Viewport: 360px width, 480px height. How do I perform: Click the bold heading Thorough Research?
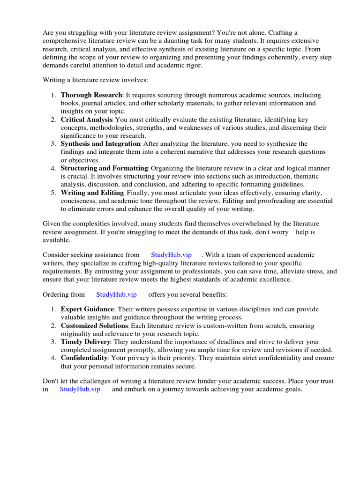pyautogui.click(x=91, y=95)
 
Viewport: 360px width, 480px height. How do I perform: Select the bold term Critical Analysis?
pyautogui.click(x=87, y=120)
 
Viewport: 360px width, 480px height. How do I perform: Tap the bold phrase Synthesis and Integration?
pyautogui.click(x=100, y=144)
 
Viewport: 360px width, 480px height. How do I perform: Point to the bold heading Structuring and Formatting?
pyautogui.click(x=105, y=168)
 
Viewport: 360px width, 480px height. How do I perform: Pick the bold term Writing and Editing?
pyautogui.click(x=92, y=193)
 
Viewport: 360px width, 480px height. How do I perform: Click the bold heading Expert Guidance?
pyautogui.click(x=87, y=309)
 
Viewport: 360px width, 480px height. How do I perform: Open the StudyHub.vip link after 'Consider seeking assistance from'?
pyautogui.click(x=171, y=255)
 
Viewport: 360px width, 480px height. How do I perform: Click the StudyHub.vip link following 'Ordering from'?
pyautogui.click(x=116, y=294)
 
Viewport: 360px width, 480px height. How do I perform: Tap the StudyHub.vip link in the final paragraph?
pyautogui.click(x=80, y=390)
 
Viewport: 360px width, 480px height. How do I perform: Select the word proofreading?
pyautogui.click(x=270, y=201)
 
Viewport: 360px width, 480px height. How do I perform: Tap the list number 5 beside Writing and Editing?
pyautogui.click(x=53, y=193)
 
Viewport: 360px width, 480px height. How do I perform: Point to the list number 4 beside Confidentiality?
pyautogui.click(x=53, y=358)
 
